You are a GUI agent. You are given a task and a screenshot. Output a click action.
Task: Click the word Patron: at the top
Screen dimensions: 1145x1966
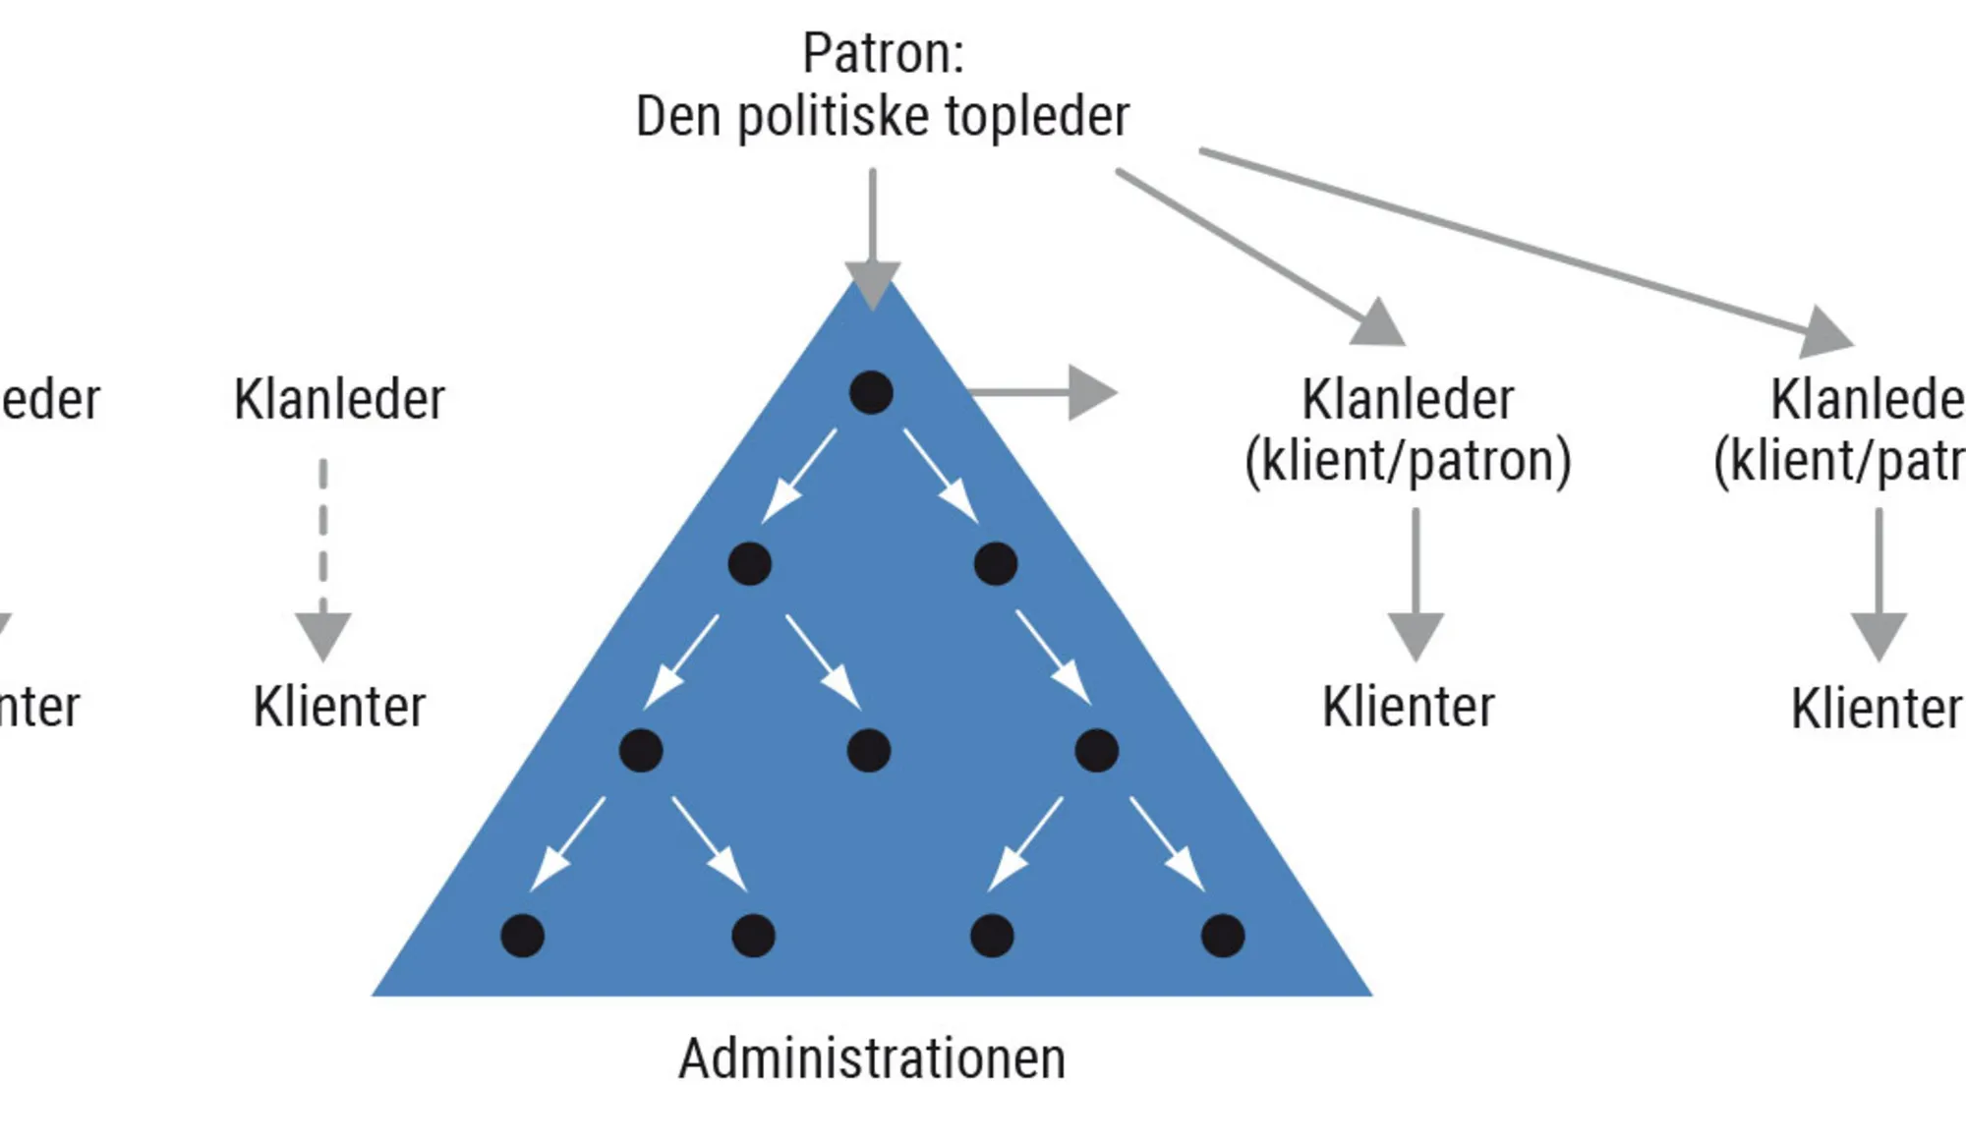(883, 53)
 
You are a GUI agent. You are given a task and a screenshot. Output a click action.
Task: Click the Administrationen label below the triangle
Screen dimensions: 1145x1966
(872, 1059)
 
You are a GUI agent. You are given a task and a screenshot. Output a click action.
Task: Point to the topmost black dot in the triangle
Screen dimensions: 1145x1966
(871, 392)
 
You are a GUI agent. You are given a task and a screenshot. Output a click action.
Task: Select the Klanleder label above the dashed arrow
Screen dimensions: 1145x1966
(339, 400)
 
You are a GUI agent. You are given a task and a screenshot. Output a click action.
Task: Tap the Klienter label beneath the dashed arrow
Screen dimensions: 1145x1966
(339, 707)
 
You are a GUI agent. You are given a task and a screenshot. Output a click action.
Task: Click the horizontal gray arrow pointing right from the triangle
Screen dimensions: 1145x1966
(1042, 392)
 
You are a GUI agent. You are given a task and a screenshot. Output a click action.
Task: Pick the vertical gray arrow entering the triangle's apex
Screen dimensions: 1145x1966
(872, 236)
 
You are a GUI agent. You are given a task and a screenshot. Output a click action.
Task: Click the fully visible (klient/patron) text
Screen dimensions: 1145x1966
(1408, 461)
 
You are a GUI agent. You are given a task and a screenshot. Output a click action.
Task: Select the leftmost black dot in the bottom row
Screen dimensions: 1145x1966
(522, 935)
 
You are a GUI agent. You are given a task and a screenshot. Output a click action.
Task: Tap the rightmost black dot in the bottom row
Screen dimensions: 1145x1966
(1223, 935)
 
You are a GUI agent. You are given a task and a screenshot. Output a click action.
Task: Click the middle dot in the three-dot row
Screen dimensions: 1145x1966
(869, 751)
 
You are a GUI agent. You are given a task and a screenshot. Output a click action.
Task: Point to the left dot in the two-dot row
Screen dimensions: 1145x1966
(749, 564)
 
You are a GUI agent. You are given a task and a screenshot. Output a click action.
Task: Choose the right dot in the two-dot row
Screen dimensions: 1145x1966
(996, 564)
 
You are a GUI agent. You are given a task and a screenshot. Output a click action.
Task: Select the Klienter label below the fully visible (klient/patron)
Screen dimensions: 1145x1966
(1408, 707)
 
